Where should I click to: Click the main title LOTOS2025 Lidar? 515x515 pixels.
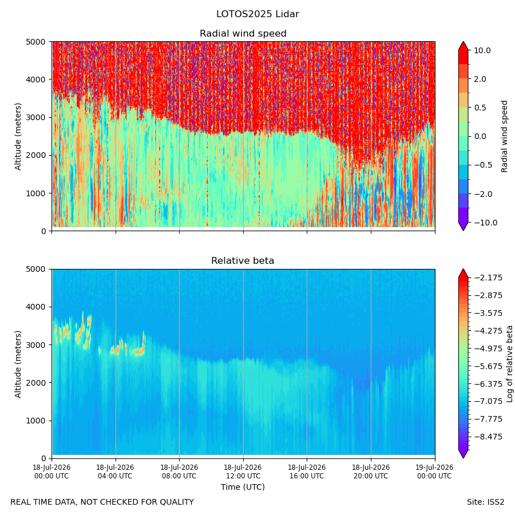tap(257, 14)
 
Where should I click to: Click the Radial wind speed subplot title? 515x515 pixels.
tap(243, 34)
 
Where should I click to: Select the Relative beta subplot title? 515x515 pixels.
tap(243, 261)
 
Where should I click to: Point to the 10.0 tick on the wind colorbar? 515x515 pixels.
tap(482, 50)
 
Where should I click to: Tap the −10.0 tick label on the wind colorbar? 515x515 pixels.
tap(485, 223)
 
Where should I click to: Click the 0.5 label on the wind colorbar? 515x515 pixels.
tap(480, 108)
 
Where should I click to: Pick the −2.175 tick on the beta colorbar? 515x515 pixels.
tap(488, 278)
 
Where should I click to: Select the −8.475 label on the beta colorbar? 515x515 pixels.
tap(488, 437)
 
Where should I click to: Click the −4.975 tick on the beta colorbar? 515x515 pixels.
tap(488, 348)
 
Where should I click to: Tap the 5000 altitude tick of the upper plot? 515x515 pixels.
tap(36, 42)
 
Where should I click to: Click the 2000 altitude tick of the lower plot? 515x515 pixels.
tap(36, 383)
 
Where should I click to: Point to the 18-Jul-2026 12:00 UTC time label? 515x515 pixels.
tap(243, 472)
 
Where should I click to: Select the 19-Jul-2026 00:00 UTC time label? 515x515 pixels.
tap(435, 472)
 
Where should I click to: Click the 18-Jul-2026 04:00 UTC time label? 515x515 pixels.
tap(115, 472)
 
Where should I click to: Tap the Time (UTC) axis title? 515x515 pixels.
tap(243, 487)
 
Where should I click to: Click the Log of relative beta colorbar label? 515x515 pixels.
tap(510, 364)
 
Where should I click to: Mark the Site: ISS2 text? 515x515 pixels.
tap(485, 502)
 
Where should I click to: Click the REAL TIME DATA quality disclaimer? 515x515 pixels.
tap(102, 502)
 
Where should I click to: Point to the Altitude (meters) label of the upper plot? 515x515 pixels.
tap(18, 137)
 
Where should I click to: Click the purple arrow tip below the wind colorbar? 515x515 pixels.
tap(463, 231)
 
